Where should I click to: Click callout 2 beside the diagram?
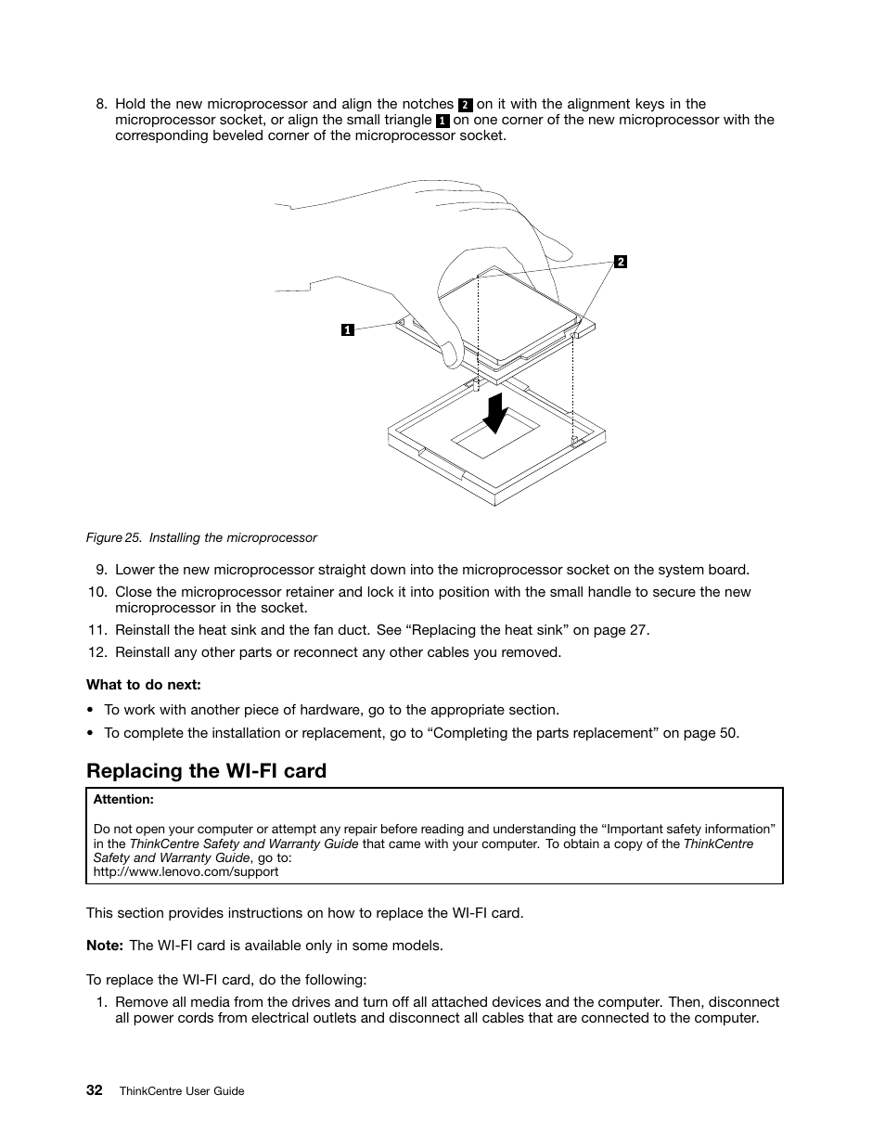click(x=621, y=262)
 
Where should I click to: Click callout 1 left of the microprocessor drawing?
click(x=347, y=329)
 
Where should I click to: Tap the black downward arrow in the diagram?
click(x=496, y=413)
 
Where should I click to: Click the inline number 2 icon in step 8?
click(x=466, y=105)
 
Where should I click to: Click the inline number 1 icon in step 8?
click(x=442, y=121)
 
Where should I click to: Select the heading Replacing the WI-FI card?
click(x=206, y=771)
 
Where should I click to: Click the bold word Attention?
click(x=123, y=799)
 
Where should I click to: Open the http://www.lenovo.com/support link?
click(x=186, y=871)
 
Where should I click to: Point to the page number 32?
click(x=95, y=1090)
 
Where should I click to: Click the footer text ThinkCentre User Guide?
click(x=182, y=1091)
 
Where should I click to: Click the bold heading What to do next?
click(x=143, y=685)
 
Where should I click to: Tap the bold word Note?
click(x=105, y=946)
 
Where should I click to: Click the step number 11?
click(x=97, y=630)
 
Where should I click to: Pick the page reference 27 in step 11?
click(x=638, y=630)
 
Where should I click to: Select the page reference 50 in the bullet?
click(x=728, y=733)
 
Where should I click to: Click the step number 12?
click(x=97, y=652)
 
